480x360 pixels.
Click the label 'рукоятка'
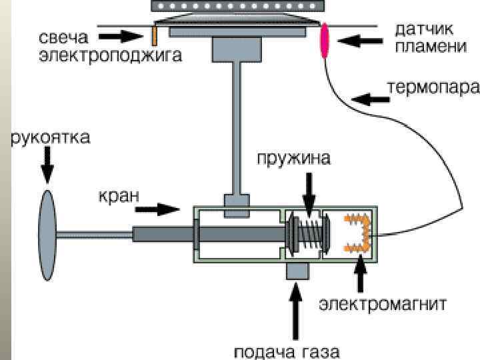click(x=50, y=139)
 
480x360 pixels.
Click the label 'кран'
click(x=119, y=195)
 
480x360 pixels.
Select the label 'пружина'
click(x=294, y=159)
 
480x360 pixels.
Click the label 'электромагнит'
click(x=382, y=304)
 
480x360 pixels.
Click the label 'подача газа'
click(x=287, y=351)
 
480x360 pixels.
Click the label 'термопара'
click(x=434, y=87)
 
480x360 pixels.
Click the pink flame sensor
click(x=326, y=40)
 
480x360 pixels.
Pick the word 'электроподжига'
click(x=109, y=55)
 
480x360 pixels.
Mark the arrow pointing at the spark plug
click(x=127, y=34)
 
